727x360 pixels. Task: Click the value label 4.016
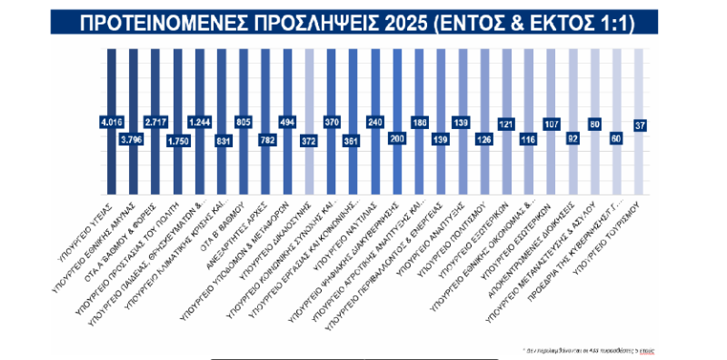111,121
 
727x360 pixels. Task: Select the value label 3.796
133,139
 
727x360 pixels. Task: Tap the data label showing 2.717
154,121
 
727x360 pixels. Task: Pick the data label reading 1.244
199,121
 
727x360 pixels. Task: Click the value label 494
287,121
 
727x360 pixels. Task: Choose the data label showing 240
375,121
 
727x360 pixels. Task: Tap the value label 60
618,139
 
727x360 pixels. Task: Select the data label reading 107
552,121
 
